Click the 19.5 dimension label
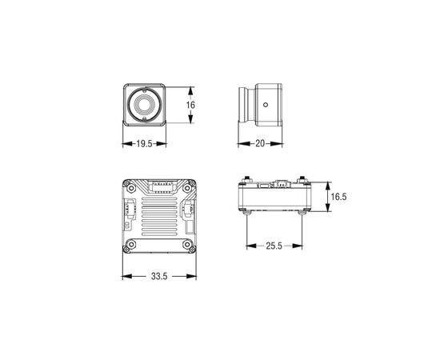(144, 144)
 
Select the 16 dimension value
(190, 105)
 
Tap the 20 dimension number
(260, 143)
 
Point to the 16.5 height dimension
(338, 197)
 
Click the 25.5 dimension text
(274, 246)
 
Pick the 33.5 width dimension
(159, 276)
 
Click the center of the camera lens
(145, 105)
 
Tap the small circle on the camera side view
(266, 105)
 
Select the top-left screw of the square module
(131, 188)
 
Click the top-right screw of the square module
(187, 188)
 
